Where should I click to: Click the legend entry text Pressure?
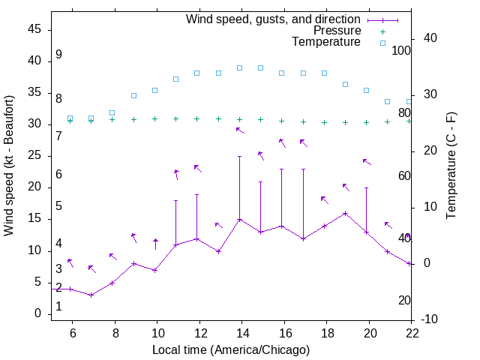pos(337,31)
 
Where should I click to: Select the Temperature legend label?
pos(326,42)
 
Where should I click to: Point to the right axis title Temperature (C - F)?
pos(451,165)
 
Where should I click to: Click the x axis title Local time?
pos(231,349)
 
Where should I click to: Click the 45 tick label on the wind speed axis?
pos(34,30)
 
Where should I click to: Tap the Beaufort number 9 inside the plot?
pos(58,55)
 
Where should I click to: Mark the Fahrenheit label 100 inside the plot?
pos(402,51)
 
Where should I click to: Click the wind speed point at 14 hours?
pos(239,220)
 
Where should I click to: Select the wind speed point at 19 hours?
pos(345,213)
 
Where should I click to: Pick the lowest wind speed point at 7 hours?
pos(91,295)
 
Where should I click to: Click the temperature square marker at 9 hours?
pos(133,96)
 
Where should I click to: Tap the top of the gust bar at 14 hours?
pos(239,157)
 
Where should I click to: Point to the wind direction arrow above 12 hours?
pos(198,168)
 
